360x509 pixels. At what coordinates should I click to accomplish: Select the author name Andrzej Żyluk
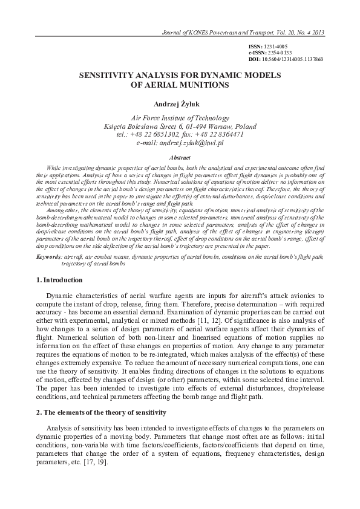point(180,104)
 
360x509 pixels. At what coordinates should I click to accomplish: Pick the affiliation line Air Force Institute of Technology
point(180,118)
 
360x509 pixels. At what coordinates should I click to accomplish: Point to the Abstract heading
point(180,157)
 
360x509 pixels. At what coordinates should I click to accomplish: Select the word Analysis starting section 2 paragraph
point(61,428)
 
